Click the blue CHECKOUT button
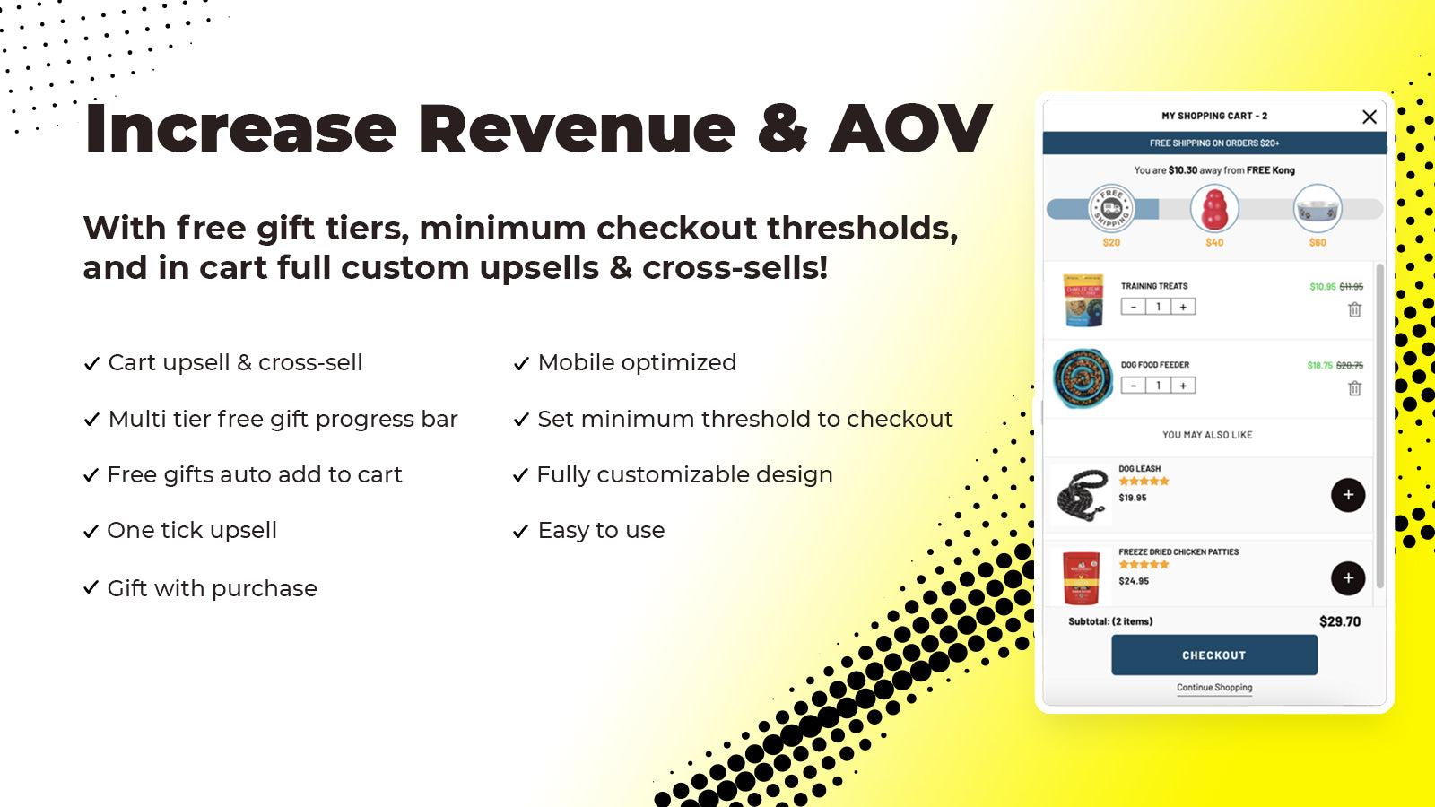[x=1213, y=655]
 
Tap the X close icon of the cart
[x=1369, y=117]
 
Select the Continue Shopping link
[x=1214, y=688]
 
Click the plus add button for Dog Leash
[x=1347, y=495]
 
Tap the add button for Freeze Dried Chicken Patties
[x=1347, y=578]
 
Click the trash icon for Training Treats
[x=1354, y=309]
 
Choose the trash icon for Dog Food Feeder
[x=1354, y=388]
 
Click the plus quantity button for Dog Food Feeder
[x=1183, y=386]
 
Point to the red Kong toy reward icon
[x=1214, y=208]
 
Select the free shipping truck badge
[x=1111, y=208]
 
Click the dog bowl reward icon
[x=1317, y=208]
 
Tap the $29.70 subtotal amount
[x=1339, y=621]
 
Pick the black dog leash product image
[x=1082, y=493]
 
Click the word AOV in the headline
[x=910, y=129]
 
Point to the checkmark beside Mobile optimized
[x=521, y=364]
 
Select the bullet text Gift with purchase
[x=212, y=588]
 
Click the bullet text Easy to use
[x=601, y=531]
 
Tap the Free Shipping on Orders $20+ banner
[x=1214, y=143]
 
